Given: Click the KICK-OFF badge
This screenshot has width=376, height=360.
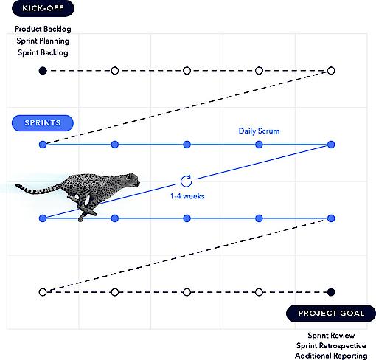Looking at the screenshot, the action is [x=43, y=8].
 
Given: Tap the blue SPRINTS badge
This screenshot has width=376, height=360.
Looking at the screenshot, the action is [x=43, y=123].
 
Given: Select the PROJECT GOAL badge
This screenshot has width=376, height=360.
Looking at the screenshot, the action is [x=331, y=314].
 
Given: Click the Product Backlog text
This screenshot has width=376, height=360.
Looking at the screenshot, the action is [x=43, y=29].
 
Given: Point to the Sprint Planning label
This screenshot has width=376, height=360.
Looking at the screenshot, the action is [x=43, y=41].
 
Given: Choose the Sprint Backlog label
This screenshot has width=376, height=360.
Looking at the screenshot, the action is [x=43, y=52].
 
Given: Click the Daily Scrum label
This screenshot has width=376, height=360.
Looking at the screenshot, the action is [x=259, y=131].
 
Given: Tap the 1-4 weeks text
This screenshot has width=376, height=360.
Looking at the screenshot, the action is [x=187, y=196].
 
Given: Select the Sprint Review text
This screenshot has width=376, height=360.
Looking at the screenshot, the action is [x=331, y=336].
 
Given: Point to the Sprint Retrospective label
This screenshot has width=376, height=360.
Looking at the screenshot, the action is [x=331, y=346].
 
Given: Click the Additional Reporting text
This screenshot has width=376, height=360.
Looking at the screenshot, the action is [x=331, y=356].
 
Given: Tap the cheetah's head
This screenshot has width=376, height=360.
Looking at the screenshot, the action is [x=133, y=179].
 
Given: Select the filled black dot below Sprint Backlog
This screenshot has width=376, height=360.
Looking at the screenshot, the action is [x=43, y=71].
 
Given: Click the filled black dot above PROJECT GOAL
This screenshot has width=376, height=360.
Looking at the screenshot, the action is [x=331, y=292].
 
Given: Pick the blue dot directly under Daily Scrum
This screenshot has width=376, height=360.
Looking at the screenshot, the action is [x=259, y=145].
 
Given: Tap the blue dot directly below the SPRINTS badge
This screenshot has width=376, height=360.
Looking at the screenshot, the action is [x=43, y=145].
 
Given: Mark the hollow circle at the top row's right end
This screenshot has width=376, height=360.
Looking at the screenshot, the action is [x=331, y=71].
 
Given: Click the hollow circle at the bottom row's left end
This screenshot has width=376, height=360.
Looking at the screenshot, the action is [x=43, y=292].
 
